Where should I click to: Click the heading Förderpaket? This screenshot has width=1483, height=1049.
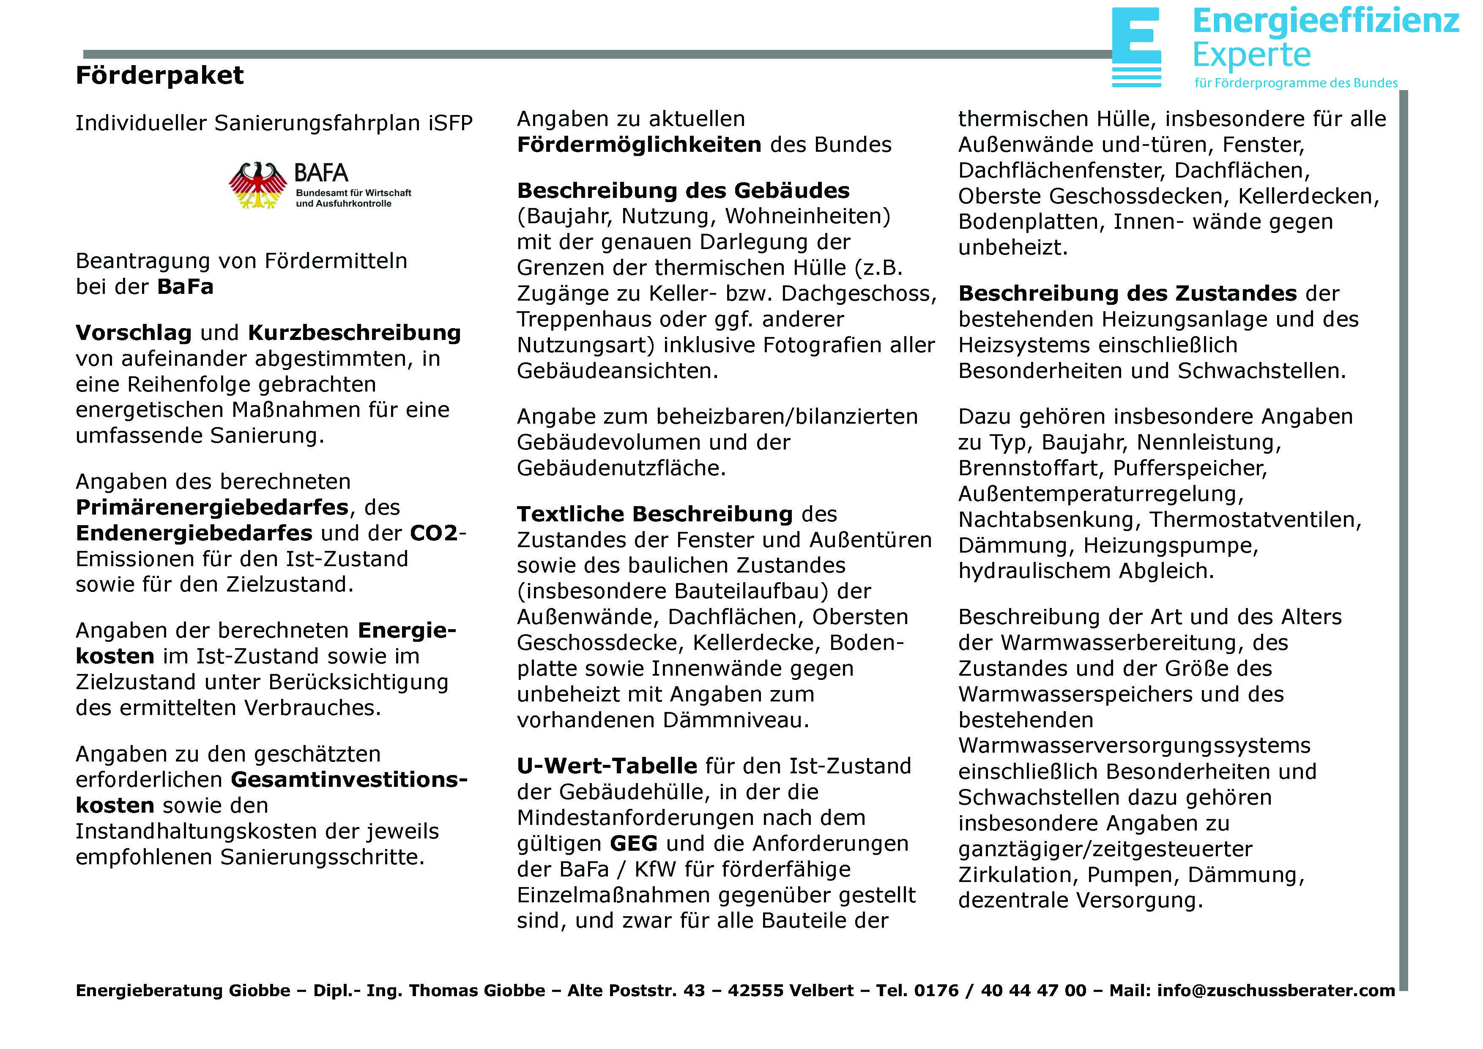click(159, 76)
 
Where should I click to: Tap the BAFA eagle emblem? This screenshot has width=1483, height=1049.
click(258, 185)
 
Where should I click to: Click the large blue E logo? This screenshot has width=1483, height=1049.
click(1136, 47)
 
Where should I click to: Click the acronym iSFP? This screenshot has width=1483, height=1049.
click(450, 123)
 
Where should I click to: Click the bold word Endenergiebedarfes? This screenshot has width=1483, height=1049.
click(194, 534)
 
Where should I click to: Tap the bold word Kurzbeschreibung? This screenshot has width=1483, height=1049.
click(354, 333)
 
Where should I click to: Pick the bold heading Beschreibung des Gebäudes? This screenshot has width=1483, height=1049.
click(683, 191)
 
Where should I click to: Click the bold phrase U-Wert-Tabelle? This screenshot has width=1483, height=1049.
click(607, 766)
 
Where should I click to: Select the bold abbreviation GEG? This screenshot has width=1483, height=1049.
click(633, 844)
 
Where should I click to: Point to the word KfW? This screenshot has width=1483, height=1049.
click(655, 869)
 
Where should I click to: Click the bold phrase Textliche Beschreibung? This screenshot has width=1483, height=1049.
click(654, 514)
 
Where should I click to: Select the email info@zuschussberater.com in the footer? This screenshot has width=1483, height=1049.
click(1276, 991)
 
